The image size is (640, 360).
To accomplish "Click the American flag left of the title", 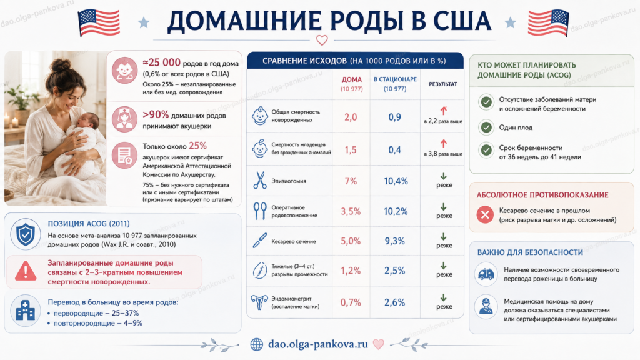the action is point(99,22).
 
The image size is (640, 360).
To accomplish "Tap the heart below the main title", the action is point(322,40).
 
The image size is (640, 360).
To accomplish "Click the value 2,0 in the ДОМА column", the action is point(351,117).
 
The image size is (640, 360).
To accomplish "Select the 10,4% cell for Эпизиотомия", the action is point(396,181).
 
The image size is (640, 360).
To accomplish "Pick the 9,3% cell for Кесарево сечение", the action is point(395,241).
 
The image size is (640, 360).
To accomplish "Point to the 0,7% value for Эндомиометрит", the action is point(351,302).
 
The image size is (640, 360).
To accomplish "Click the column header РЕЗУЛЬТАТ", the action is point(443,84).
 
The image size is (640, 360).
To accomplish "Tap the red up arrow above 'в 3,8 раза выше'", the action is point(444,144).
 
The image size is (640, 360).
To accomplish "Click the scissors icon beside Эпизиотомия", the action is point(259,181).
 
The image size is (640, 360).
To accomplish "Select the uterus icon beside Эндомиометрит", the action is point(259,302).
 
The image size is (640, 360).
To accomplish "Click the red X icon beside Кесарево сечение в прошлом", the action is point(485,215).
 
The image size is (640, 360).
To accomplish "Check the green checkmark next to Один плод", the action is point(486,127).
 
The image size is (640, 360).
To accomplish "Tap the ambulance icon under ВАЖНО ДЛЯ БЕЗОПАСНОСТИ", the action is point(486,274).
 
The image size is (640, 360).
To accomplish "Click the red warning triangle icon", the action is point(25,271).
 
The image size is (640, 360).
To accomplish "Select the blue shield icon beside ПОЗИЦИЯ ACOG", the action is point(25,234).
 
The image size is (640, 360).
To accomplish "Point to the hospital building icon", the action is point(25,311).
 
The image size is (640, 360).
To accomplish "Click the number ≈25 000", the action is point(161,62).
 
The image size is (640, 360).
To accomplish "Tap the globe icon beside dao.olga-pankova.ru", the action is point(257,344).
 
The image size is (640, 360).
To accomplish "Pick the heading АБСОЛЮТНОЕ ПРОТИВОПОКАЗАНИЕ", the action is point(542,195).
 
